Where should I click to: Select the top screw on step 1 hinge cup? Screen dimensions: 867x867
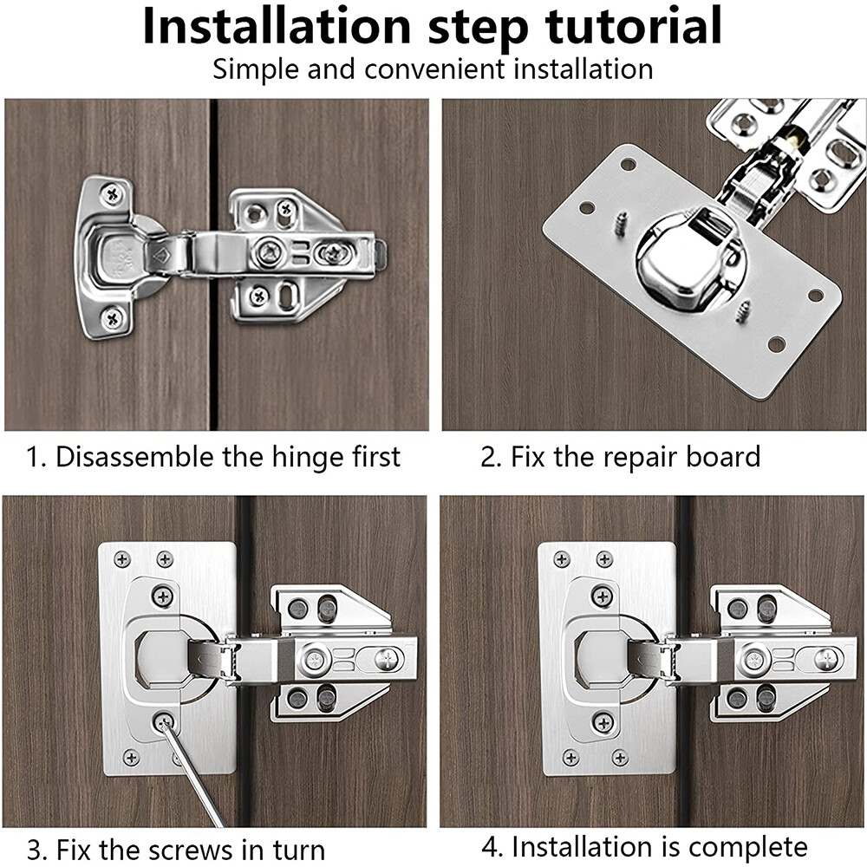[x=112, y=195]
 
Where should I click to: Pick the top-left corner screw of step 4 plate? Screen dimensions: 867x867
[x=563, y=558]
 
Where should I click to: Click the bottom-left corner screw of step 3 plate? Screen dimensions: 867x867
[x=131, y=757]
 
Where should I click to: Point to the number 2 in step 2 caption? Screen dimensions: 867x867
[x=488, y=457]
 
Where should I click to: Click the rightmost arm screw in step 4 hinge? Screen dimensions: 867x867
[x=827, y=660]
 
